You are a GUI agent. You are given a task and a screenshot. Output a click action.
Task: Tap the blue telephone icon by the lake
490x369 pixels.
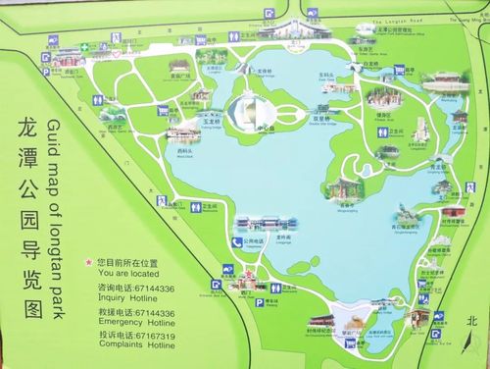(x=236, y=241)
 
